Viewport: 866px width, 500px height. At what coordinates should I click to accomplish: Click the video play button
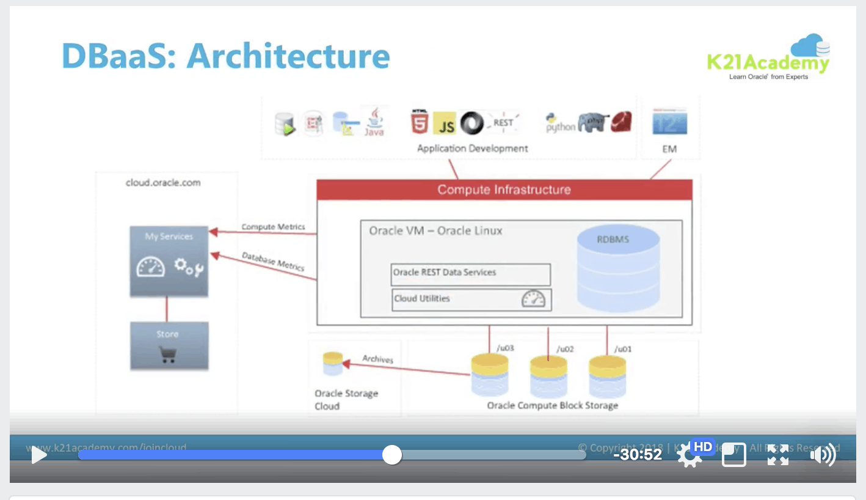coord(39,455)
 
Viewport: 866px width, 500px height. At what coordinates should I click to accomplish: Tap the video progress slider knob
coord(392,455)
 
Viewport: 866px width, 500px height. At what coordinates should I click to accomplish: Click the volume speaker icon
coord(822,455)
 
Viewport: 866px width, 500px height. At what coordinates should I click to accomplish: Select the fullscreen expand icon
coord(778,455)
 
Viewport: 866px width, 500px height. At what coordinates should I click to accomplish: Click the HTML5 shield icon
coord(419,122)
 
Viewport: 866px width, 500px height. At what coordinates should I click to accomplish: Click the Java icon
coord(374,122)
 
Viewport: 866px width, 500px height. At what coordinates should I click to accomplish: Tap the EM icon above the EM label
coord(669,122)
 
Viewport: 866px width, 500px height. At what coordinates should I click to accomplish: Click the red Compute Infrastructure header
coord(504,189)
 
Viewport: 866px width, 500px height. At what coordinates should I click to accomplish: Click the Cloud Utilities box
coord(471,300)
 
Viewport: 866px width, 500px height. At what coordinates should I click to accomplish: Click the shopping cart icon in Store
coord(168,355)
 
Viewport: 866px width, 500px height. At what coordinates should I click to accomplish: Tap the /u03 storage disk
coord(490,374)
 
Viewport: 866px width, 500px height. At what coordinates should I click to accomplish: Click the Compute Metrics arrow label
coord(273,227)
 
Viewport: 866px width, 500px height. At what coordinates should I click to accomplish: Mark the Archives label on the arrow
coord(377,359)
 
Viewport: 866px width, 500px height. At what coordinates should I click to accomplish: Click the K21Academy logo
coord(768,59)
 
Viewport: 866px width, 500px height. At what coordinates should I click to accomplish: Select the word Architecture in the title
coord(288,56)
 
